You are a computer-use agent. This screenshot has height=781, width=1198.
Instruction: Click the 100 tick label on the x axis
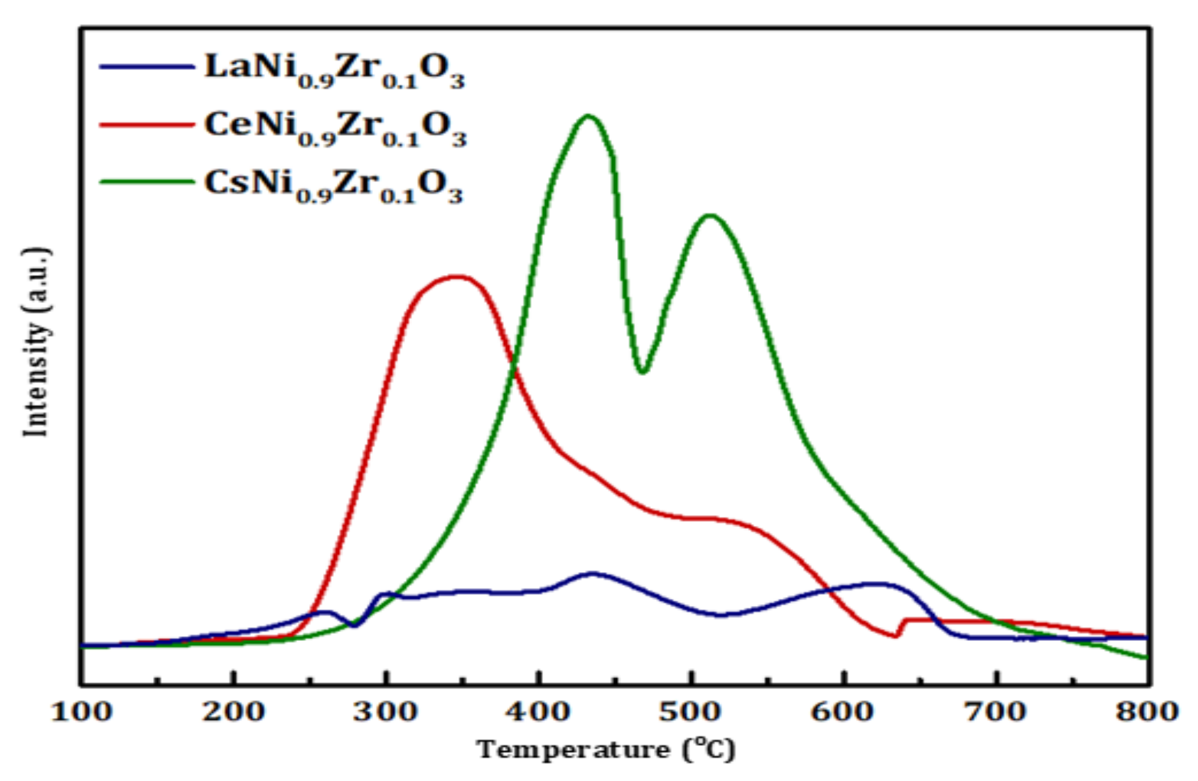81,712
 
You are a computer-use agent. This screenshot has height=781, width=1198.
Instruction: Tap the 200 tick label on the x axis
234,712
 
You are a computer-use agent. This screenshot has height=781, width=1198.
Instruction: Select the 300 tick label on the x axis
386,712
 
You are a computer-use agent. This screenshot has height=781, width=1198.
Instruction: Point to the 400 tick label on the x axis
538,712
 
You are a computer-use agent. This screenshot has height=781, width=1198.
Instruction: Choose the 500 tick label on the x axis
691,712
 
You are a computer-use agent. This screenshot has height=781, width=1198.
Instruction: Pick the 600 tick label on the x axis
843,712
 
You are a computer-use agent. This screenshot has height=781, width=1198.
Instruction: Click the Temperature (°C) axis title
606,749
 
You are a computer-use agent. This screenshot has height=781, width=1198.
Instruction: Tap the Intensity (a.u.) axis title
36,342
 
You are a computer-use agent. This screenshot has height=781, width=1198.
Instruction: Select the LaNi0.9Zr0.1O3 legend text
334,70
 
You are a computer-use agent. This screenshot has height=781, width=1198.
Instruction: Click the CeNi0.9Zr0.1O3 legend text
335,128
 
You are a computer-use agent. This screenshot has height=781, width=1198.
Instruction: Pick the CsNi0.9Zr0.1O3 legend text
333,186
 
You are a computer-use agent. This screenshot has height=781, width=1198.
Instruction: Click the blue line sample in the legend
147,67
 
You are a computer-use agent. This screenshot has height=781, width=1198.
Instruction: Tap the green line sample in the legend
147,182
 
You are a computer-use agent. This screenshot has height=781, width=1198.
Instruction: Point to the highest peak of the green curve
588,116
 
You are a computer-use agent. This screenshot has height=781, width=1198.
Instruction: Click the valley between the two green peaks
642,371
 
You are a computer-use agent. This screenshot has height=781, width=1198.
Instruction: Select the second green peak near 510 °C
710,216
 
